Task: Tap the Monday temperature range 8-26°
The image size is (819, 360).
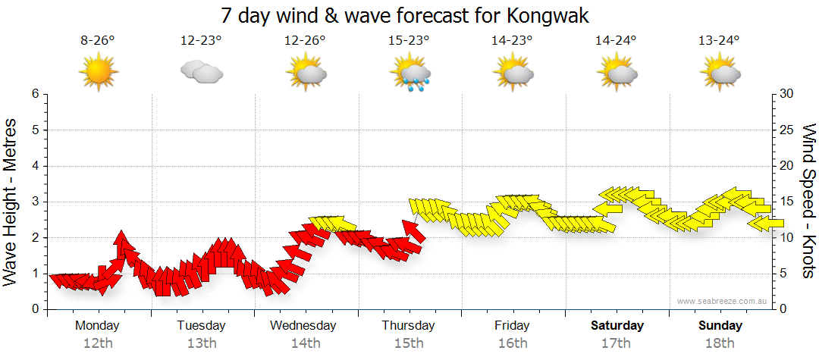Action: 98,41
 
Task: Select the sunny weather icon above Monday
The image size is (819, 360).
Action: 99,73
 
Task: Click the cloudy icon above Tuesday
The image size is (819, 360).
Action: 201,72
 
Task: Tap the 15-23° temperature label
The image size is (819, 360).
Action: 409,41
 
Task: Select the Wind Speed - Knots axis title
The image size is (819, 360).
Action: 808,202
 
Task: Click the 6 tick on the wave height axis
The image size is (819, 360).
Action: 35,94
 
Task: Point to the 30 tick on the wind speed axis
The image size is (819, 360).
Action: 787,94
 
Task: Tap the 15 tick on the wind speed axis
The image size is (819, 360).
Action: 787,202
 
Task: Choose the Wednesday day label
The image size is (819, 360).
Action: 303,326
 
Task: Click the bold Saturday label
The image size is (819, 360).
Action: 617,326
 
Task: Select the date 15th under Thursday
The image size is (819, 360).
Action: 409,343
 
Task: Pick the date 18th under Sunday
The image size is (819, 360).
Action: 720,343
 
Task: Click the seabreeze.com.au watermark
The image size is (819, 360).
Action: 718,301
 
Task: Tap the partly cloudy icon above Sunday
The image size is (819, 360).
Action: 720,73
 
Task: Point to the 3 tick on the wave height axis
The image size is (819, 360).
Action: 35,202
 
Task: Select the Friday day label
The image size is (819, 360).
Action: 513,326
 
